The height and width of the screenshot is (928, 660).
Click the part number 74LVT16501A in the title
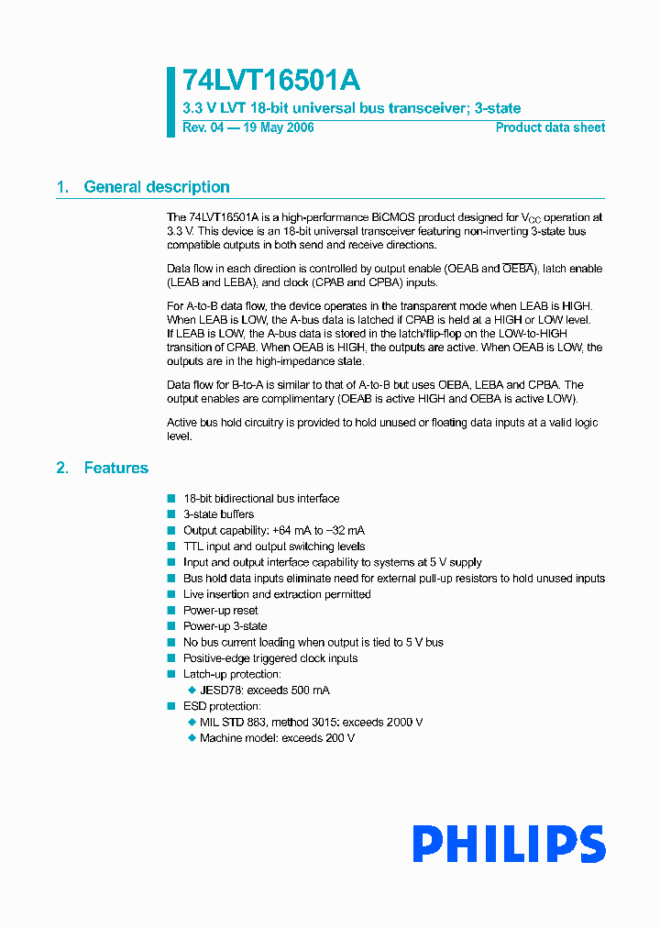[x=265, y=81]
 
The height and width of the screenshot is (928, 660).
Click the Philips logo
[x=508, y=844]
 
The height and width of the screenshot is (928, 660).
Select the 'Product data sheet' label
[x=550, y=127]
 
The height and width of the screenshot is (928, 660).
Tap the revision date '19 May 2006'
[x=277, y=127]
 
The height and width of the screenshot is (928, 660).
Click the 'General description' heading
[x=157, y=187]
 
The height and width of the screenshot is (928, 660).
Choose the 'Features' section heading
[x=115, y=468]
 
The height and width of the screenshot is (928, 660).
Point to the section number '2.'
[x=62, y=468]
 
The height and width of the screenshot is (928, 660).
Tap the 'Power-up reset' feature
[x=220, y=611]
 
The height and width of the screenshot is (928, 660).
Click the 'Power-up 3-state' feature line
[x=225, y=626]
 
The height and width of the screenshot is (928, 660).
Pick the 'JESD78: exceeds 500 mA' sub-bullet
[x=265, y=690]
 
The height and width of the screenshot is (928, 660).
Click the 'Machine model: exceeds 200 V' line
[x=277, y=738]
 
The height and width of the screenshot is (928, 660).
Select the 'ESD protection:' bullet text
[x=222, y=706]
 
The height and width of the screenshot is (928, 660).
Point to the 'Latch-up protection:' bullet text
[x=232, y=674]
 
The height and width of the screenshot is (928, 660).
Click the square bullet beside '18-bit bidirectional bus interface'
[x=170, y=499]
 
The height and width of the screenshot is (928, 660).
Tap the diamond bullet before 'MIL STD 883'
[x=192, y=723]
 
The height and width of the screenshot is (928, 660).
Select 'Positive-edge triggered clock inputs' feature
[x=270, y=658]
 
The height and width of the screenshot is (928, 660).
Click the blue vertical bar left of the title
[x=170, y=102]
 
